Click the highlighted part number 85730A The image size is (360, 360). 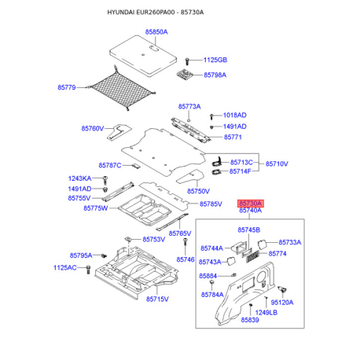click(251, 204)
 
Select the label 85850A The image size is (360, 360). click(156, 32)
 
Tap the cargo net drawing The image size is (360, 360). click(121, 89)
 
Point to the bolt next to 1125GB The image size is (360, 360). click(187, 61)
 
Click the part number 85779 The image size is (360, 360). click(67, 87)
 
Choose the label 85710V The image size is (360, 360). click(277, 163)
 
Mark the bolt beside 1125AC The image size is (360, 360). click(88, 270)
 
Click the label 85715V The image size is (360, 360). click(157, 299)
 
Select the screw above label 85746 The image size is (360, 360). click(186, 243)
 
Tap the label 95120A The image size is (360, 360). click(282, 303)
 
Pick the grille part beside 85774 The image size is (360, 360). click(252, 256)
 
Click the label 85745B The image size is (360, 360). click(249, 230)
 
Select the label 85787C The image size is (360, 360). click(110, 165)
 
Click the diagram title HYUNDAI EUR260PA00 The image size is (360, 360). click(141, 13)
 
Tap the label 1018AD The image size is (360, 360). click(235, 115)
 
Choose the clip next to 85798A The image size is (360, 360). click(186, 74)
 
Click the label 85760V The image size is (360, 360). click(93, 128)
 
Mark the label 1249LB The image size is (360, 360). click(266, 312)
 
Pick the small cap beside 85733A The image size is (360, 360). click(263, 244)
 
